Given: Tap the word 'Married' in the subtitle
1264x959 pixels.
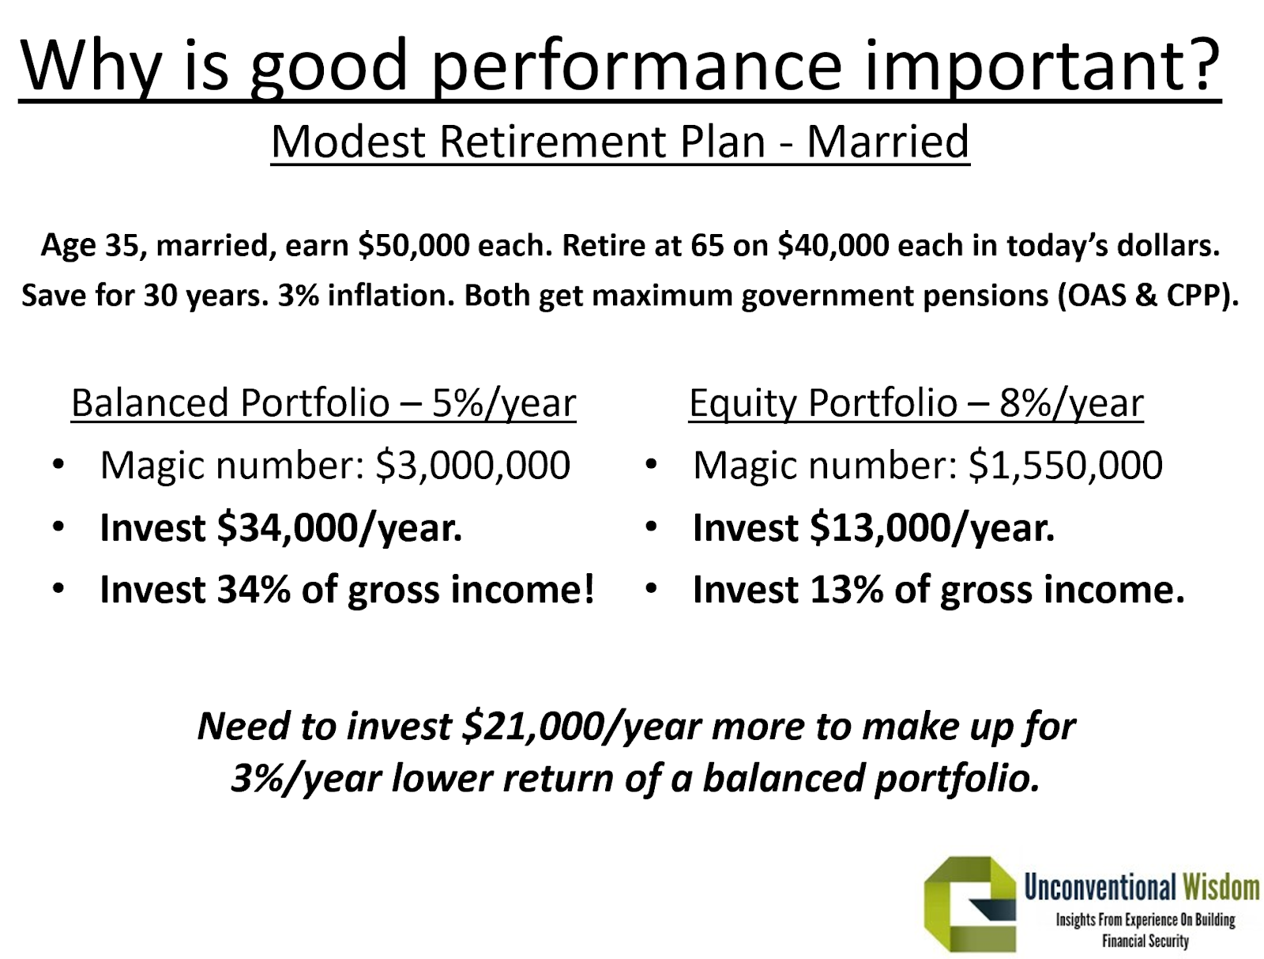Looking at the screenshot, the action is [888, 142].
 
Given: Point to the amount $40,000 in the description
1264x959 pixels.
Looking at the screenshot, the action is [833, 246].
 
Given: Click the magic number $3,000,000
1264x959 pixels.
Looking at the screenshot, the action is [472, 466].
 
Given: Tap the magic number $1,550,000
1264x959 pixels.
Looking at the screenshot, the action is [1066, 466].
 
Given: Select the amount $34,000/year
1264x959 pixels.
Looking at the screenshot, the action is [340, 528].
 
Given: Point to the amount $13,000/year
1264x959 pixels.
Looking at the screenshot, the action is [932, 528].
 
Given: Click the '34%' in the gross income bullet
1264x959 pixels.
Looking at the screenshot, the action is [254, 590].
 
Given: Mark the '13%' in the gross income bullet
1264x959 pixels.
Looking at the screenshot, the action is [846, 590].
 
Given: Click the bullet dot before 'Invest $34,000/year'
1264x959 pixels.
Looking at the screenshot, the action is [58, 527].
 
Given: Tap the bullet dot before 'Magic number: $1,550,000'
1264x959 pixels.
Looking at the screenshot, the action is [651, 465].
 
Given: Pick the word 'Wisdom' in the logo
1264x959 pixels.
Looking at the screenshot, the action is [1221, 888].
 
